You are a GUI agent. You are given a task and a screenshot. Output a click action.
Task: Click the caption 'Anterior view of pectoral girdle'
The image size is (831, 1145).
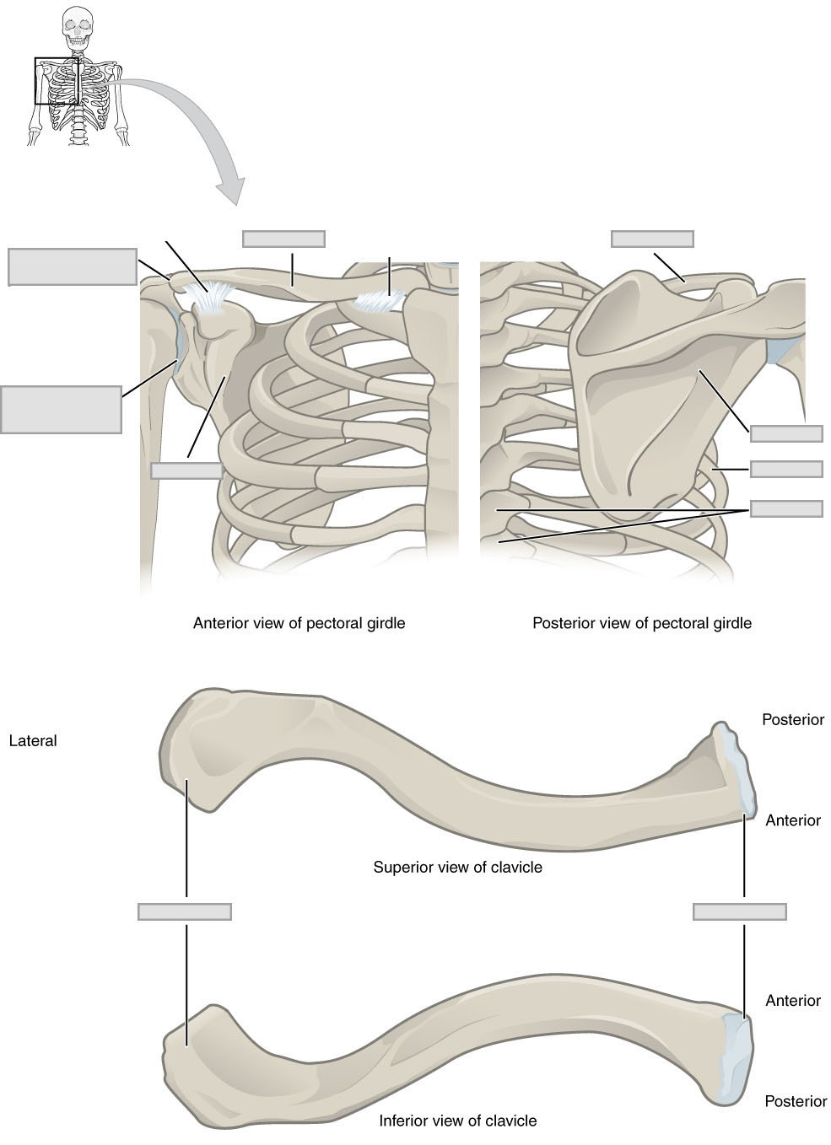coord(299,624)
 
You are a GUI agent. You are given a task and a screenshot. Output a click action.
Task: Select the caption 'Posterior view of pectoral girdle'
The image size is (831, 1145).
coord(641,624)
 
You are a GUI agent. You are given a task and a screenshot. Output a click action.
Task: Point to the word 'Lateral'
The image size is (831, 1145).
coord(32,741)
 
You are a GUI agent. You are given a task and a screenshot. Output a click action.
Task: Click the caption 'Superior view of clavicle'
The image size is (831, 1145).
coord(457,867)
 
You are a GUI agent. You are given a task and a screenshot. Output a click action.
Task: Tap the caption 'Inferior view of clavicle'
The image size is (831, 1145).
coord(457,1121)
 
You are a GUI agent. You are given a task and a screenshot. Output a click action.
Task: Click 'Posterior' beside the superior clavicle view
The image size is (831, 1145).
coord(792,720)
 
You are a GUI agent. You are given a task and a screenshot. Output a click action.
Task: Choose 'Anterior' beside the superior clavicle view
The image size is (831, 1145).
coord(792,820)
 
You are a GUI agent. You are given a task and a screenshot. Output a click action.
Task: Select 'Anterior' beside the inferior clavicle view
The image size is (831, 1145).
coord(792,1001)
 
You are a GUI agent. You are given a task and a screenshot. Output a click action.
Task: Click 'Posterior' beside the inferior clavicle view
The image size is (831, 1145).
coord(795,1101)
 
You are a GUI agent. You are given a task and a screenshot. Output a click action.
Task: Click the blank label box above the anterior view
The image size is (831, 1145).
coord(283,239)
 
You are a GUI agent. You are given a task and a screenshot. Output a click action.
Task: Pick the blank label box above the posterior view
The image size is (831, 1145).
coord(652,239)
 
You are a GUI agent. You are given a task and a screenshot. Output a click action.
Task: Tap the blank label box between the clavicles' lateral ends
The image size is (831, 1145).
coord(184,911)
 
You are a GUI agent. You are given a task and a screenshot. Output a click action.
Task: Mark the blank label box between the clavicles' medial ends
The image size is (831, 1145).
coord(739,911)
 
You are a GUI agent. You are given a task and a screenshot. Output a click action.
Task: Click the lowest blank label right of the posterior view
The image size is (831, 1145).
coord(785,508)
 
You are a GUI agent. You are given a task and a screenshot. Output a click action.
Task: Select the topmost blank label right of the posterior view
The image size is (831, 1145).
coord(785,433)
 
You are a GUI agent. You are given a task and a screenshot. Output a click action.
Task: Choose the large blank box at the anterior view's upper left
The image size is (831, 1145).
coord(73,266)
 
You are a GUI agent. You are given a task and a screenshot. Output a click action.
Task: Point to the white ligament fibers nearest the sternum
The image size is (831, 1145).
coord(382,301)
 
